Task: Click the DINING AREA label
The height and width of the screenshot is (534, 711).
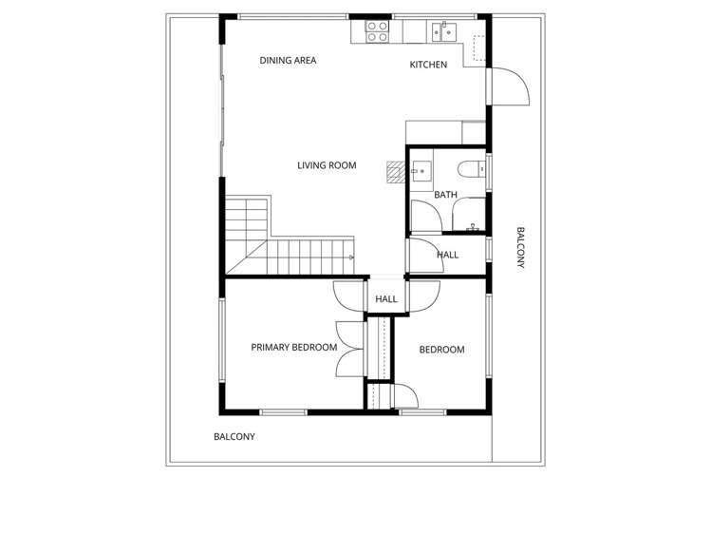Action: [288, 61]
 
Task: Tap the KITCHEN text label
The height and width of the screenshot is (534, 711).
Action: [428, 65]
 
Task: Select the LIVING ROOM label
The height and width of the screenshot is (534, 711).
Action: [327, 165]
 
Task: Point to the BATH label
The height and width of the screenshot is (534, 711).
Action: [445, 195]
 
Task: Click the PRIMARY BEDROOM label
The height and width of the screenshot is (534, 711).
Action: [293, 348]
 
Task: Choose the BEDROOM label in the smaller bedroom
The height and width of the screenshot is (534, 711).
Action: [441, 350]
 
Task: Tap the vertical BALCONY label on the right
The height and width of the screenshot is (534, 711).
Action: [519, 248]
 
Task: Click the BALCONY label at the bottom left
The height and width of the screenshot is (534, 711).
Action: [234, 437]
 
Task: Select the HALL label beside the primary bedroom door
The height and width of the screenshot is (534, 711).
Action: [386, 299]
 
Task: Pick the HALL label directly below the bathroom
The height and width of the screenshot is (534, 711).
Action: [447, 255]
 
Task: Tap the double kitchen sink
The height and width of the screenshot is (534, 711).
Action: [442, 32]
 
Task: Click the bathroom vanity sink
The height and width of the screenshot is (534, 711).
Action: [421, 172]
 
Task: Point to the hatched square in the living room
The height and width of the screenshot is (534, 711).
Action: [395, 171]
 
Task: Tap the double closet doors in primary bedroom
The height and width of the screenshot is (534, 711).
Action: [351, 350]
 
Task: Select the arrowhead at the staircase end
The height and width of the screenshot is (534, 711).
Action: [351, 257]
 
